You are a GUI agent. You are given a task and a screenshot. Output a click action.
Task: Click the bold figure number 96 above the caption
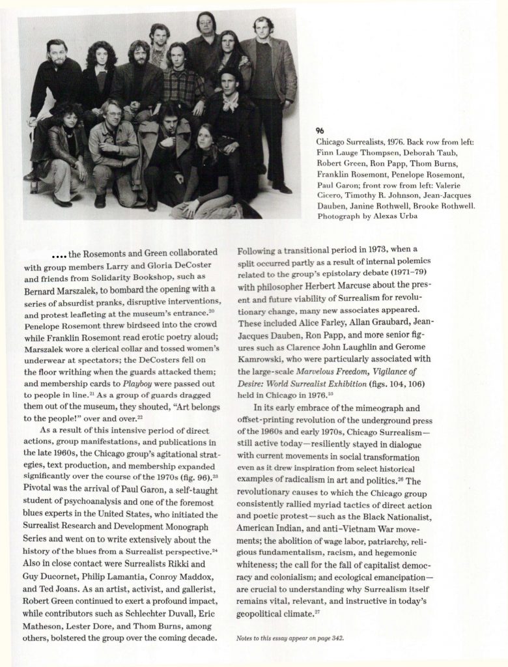(x=319, y=130)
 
